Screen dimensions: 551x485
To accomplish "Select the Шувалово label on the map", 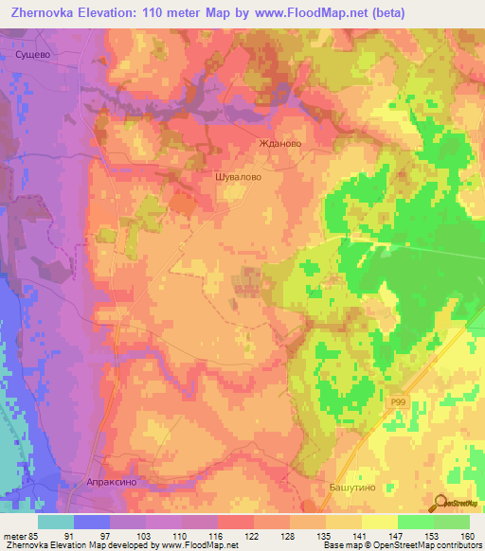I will pos(239,176).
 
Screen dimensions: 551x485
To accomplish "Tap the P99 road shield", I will pos(400,402).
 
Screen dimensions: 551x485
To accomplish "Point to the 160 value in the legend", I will pos(467,536).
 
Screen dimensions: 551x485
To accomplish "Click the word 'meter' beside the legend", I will pos(13,536).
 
